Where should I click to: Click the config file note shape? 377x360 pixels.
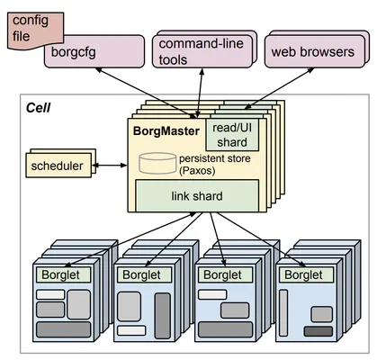point(35,31)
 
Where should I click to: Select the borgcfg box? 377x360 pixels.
point(94,51)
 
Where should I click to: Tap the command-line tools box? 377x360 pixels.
point(202,51)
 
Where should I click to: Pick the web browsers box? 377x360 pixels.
point(315,51)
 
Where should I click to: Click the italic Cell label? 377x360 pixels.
point(38,108)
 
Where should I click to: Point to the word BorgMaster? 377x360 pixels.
point(166,131)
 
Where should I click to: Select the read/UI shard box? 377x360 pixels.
point(232,135)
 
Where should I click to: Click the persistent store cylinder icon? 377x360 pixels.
point(157,163)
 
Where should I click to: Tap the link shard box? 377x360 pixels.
point(197,196)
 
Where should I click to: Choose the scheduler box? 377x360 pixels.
point(58,166)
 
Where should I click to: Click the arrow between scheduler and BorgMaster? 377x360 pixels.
point(110,166)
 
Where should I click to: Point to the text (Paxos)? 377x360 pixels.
point(197,171)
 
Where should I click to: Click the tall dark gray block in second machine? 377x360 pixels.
point(163,316)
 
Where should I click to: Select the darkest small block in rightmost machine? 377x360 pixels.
point(319,331)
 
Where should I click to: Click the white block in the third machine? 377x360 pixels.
point(212,294)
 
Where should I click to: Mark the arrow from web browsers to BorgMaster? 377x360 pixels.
point(280,88)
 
